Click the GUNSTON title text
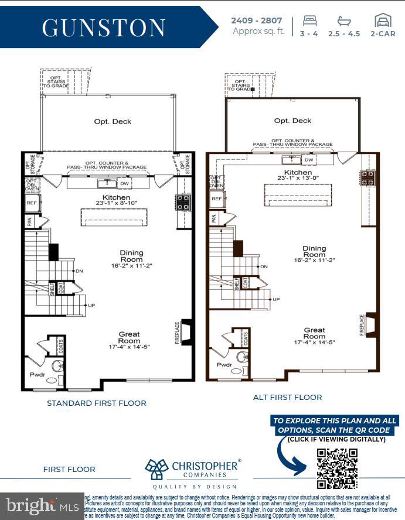[103, 28]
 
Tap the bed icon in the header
[309, 20]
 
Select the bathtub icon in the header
[344, 20]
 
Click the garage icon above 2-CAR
[383, 20]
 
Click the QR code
[337, 468]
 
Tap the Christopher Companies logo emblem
[157, 469]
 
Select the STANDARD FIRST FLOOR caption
[97, 403]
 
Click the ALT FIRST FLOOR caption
[287, 397]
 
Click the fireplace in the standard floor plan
[186, 331]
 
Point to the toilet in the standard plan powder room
[57, 367]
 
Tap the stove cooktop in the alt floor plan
[368, 178]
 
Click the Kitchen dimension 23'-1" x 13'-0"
[298, 179]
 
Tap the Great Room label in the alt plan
[314, 333]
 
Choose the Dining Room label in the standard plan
[131, 256]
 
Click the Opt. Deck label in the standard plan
[113, 122]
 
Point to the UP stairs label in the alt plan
[276, 299]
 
